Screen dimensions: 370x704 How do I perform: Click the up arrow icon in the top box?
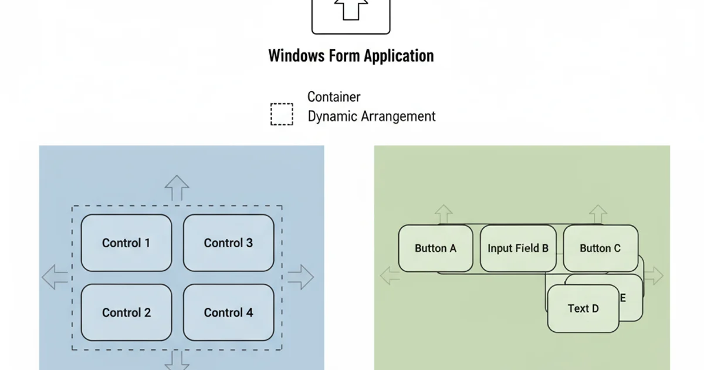tap(351, 9)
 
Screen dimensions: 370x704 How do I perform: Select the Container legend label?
tap(334, 97)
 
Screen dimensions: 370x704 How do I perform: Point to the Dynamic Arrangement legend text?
tap(371, 116)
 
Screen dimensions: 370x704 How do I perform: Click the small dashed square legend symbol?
tap(282, 114)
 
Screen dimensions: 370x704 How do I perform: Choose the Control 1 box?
tap(126, 243)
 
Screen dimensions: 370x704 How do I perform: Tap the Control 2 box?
tap(126, 312)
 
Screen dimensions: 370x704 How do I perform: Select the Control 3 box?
tap(228, 243)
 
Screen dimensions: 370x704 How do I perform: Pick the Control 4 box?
tap(228, 312)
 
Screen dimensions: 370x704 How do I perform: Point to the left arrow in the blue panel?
tap(55, 277)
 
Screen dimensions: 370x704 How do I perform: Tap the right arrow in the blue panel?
tap(300, 277)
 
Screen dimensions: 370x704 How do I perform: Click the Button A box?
tap(435, 248)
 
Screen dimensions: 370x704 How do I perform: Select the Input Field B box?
tap(518, 248)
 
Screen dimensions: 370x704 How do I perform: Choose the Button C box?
tap(600, 248)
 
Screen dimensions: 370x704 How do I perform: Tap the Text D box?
tap(583, 308)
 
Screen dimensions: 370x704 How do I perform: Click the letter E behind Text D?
tap(623, 298)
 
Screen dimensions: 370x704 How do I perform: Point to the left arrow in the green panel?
tap(389, 275)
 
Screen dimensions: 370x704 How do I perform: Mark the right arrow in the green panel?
tap(654, 275)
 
